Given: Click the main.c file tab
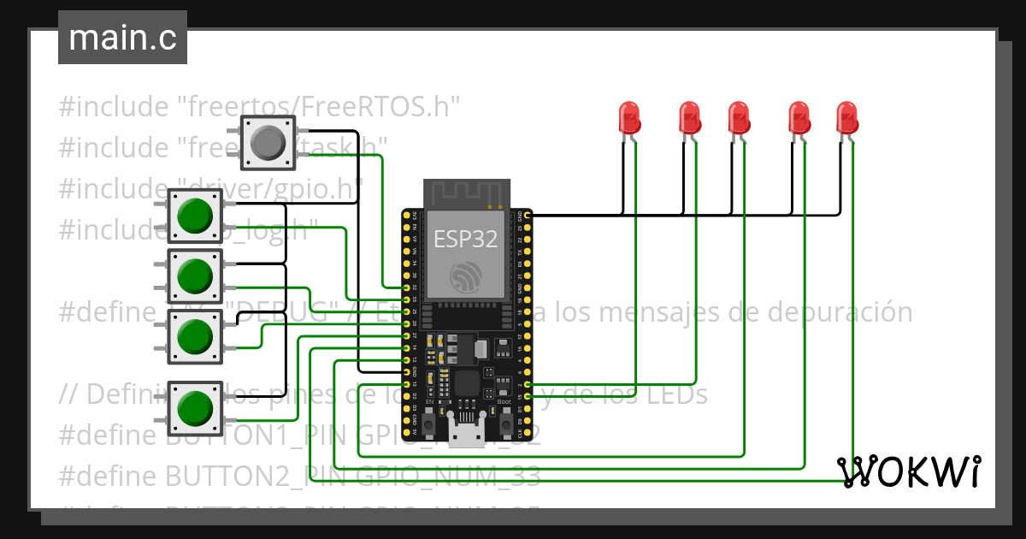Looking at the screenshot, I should [x=122, y=38].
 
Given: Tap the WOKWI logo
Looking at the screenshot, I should [x=908, y=471].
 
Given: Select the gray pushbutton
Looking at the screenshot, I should [x=268, y=143].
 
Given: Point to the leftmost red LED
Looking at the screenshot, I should [x=628, y=118].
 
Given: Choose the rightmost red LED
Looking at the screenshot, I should [x=846, y=118].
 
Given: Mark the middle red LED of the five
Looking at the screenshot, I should [x=739, y=118].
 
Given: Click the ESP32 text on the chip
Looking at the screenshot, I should [x=466, y=239].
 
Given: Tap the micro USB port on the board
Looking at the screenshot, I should [x=466, y=435].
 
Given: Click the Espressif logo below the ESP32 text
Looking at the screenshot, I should [x=466, y=275].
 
